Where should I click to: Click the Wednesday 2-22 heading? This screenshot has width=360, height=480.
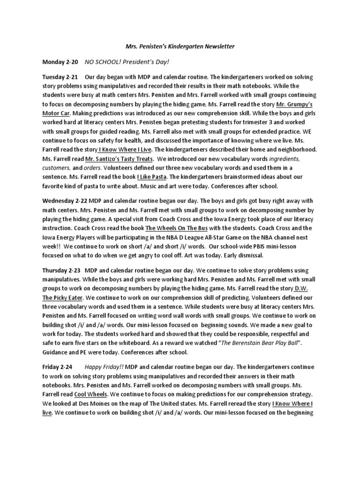(66, 201)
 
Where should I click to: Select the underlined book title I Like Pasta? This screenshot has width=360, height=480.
(152, 177)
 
